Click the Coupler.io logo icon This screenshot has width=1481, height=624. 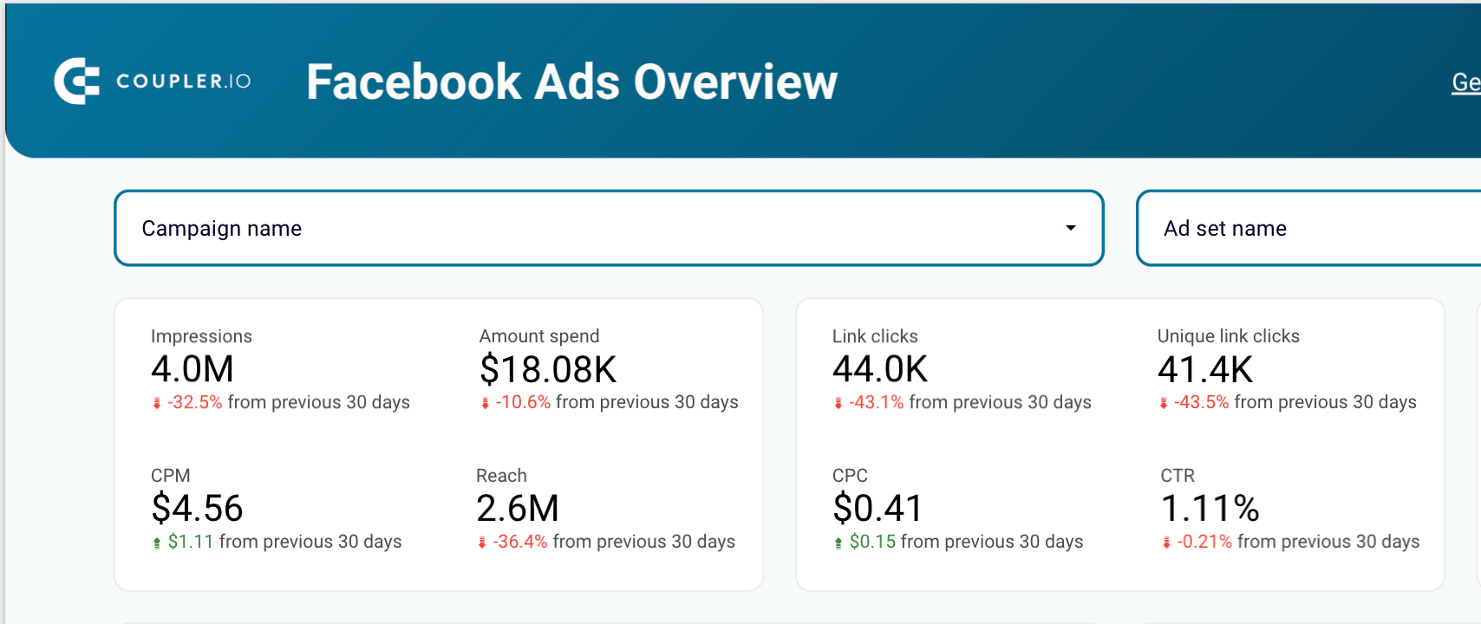(x=76, y=81)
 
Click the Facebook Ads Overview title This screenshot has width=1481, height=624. (x=571, y=82)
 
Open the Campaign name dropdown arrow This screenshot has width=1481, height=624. (x=1071, y=228)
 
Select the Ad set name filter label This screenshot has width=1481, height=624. (x=1224, y=229)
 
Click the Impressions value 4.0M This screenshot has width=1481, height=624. (x=192, y=369)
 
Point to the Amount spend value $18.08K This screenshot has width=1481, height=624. (x=548, y=369)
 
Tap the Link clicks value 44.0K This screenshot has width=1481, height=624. (x=879, y=369)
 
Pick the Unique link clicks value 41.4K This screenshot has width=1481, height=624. (x=1204, y=369)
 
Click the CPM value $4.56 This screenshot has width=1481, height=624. (x=197, y=508)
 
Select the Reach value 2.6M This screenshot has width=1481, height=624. (x=518, y=508)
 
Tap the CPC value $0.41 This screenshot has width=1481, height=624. (x=878, y=508)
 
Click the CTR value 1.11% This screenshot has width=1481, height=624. (x=1210, y=508)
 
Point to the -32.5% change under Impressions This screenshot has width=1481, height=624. (x=195, y=402)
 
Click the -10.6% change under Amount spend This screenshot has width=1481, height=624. (x=523, y=402)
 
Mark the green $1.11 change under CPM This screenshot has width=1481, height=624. (x=191, y=542)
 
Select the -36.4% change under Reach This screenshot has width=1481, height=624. (x=520, y=542)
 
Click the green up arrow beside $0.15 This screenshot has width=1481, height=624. (x=838, y=543)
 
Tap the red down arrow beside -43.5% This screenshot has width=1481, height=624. (x=1164, y=403)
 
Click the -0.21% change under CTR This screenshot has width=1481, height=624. (x=1204, y=542)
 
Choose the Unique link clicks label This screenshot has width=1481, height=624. (x=1228, y=336)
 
